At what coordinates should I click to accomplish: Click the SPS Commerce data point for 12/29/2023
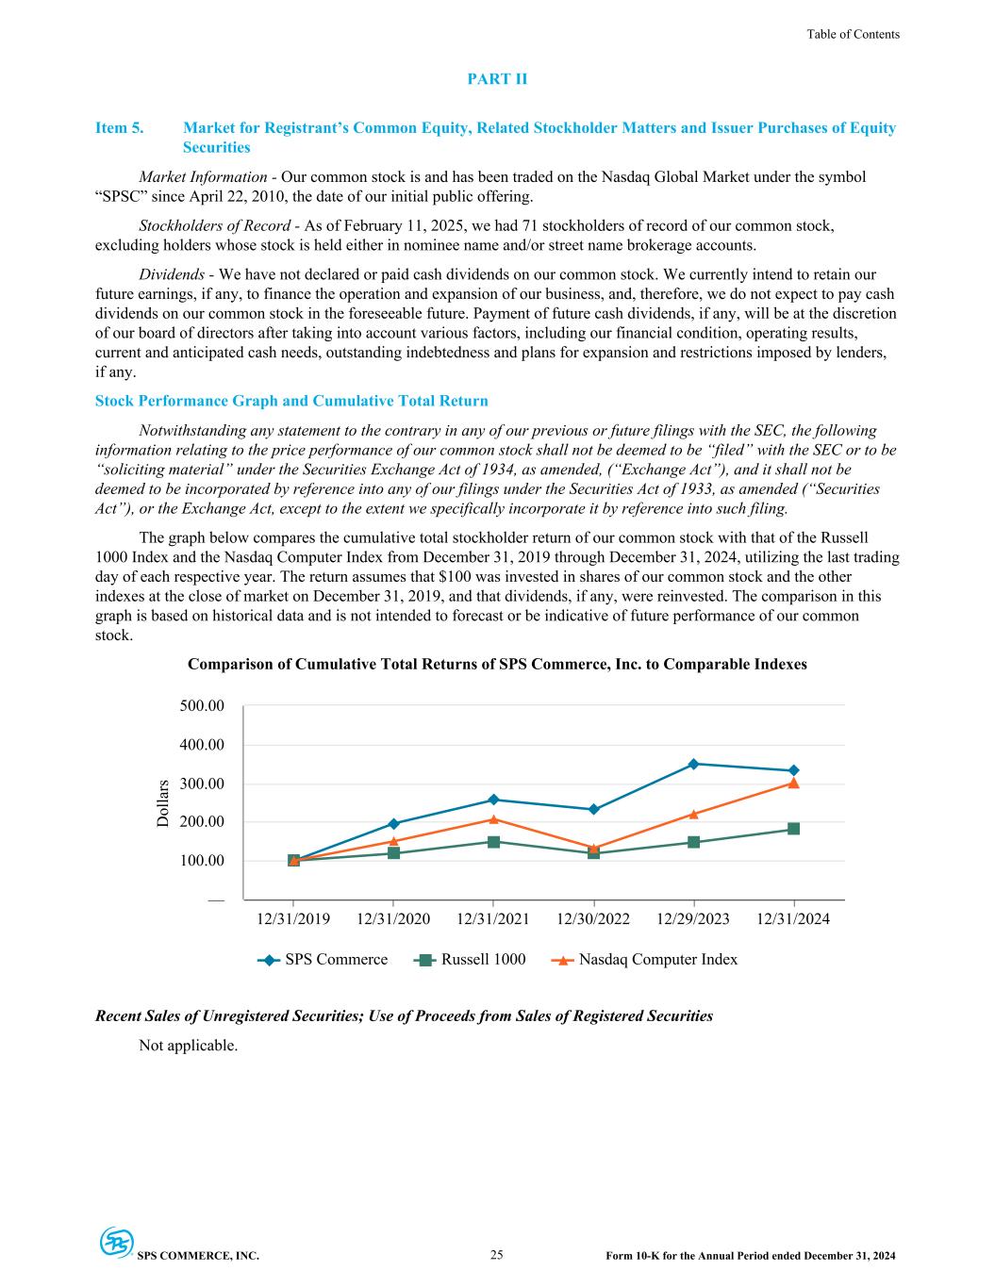[693, 764]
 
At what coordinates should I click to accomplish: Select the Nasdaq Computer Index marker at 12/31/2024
[793, 783]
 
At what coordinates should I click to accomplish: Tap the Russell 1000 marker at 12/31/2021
[493, 842]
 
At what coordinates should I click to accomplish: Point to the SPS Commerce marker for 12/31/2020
[393, 824]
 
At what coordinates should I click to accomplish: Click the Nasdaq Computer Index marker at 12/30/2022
[593, 849]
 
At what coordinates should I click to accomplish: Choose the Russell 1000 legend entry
[470, 960]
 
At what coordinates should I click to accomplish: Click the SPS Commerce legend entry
[323, 960]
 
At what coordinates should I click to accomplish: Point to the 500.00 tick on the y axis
[203, 706]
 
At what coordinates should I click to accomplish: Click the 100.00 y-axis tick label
[203, 861]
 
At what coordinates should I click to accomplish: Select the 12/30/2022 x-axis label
[593, 919]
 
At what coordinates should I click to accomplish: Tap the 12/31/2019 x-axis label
[293, 919]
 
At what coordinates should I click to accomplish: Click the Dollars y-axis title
[163, 803]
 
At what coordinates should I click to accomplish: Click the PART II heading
[497, 79]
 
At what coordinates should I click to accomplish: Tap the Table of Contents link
[853, 35]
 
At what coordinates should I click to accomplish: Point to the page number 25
[497, 1255]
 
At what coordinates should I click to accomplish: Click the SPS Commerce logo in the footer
[117, 1243]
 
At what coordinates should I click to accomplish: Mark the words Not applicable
[188, 1045]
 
